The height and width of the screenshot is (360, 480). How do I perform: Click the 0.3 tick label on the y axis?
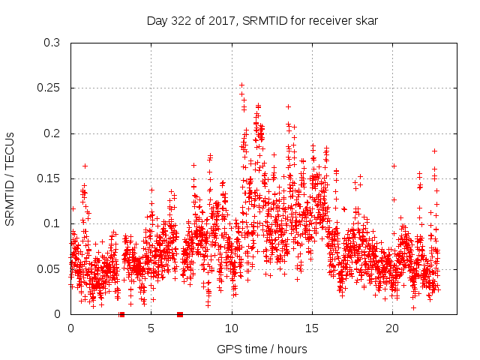click(51, 43)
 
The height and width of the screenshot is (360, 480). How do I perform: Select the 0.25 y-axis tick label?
click(48, 88)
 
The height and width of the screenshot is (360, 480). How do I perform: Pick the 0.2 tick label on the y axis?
click(51, 133)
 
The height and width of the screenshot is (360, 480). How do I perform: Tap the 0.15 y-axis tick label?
click(48, 178)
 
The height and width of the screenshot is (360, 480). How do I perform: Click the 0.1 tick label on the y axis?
click(51, 223)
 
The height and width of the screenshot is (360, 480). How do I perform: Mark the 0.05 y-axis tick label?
click(48, 269)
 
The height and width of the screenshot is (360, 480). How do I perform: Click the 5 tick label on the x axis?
click(151, 328)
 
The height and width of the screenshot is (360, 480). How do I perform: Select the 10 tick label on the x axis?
click(232, 328)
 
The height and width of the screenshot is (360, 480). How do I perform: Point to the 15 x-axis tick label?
click(312, 328)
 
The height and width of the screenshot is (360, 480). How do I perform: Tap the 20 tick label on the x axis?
click(392, 328)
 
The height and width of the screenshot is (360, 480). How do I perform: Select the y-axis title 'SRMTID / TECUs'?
click(10, 178)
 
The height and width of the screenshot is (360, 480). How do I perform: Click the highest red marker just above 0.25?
click(241, 85)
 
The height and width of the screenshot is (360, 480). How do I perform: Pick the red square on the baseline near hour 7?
click(180, 314)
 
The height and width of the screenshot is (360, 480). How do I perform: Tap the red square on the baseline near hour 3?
click(121, 314)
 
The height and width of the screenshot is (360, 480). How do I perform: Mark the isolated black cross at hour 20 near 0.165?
click(394, 166)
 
